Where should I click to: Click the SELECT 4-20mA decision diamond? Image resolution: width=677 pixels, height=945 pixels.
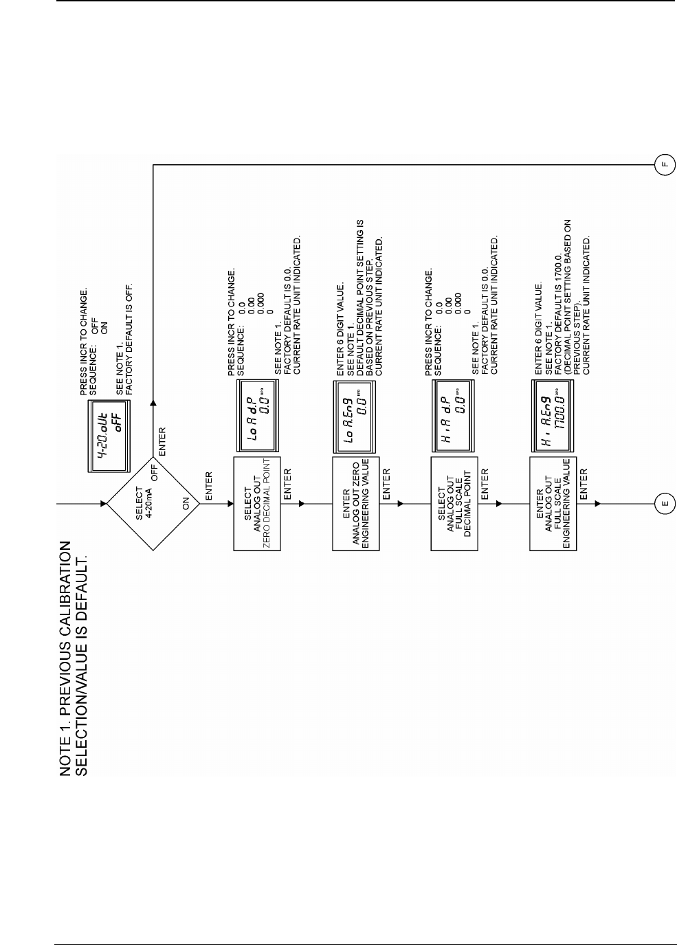pyautogui.click(x=153, y=503)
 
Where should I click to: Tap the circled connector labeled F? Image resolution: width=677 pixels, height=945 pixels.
pyautogui.click(x=665, y=165)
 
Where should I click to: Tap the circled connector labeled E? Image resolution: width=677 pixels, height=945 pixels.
pyautogui.click(x=665, y=504)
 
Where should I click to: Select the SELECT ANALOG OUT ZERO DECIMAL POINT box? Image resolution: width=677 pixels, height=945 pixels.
pyautogui.click(x=257, y=504)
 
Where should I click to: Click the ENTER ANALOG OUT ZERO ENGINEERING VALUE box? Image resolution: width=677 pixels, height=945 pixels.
pyautogui.click(x=356, y=504)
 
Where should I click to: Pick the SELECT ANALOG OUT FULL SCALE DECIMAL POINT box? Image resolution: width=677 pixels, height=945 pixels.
pyautogui.click(x=454, y=504)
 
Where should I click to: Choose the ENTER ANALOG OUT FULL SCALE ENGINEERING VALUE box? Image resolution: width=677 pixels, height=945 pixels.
pyautogui.click(x=553, y=504)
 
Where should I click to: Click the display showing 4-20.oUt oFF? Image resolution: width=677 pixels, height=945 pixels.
pyautogui.click(x=108, y=436)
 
